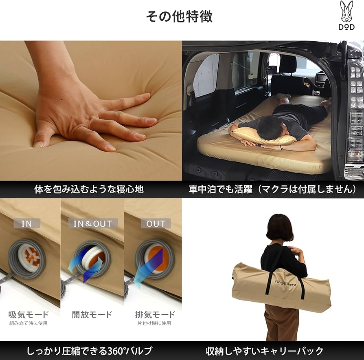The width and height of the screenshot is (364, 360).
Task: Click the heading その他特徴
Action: click(x=179, y=17)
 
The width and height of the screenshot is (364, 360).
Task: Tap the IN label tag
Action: click(x=27, y=223)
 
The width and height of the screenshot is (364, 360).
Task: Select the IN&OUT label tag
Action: click(x=92, y=223)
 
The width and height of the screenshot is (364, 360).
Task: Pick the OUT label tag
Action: click(x=156, y=223)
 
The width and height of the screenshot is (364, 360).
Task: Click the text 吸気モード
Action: click(x=29, y=314)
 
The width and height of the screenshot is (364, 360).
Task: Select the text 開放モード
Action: click(x=92, y=314)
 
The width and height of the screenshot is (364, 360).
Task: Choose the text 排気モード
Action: click(x=155, y=314)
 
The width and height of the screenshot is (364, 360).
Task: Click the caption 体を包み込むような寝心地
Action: click(x=89, y=190)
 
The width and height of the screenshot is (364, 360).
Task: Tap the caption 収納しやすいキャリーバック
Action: click(x=265, y=351)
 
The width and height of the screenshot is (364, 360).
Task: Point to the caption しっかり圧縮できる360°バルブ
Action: click(x=89, y=351)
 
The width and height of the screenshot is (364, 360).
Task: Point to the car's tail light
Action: click(x=354, y=122)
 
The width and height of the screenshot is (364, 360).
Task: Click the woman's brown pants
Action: click(x=281, y=326)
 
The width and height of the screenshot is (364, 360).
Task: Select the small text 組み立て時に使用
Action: click(x=29, y=323)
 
